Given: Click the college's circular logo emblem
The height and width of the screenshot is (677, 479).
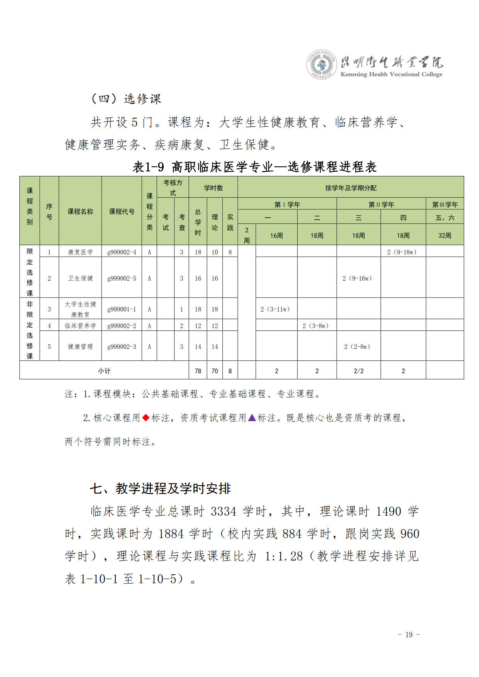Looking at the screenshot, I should (322, 65).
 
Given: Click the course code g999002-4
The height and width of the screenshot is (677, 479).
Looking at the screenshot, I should (122, 252).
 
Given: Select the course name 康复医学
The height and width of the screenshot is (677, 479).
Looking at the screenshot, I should (80, 252).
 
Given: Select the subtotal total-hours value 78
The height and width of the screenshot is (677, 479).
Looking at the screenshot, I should (198, 371).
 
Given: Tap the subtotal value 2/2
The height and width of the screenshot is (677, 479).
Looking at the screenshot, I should (359, 371).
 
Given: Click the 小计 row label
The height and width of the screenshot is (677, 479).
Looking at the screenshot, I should (104, 371).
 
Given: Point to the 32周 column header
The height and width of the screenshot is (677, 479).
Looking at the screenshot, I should (445, 235).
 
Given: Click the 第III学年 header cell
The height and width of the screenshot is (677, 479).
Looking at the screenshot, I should (445, 205).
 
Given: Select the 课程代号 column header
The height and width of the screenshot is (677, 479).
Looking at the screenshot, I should (122, 212).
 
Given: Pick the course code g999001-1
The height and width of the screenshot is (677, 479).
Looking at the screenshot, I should (122, 309).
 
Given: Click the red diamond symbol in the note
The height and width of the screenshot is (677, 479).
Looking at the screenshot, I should (146, 418).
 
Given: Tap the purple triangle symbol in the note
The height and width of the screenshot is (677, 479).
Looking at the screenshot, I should (252, 418).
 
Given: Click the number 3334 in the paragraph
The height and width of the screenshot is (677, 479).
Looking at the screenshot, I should (223, 511).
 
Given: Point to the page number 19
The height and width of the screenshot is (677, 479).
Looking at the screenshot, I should (409, 635).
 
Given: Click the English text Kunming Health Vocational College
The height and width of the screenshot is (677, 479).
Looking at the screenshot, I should (391, 74).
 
